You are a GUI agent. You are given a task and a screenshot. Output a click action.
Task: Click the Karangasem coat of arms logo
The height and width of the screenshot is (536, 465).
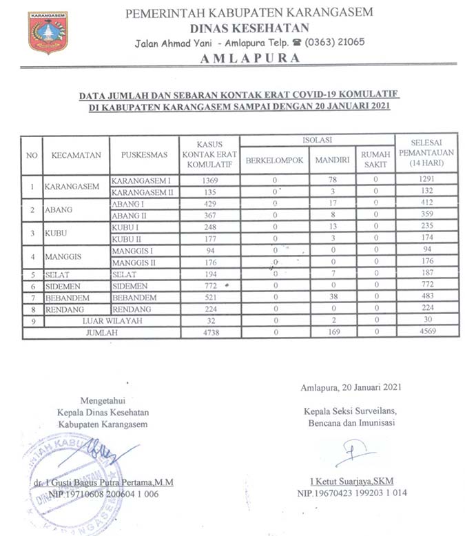tap(48, 32)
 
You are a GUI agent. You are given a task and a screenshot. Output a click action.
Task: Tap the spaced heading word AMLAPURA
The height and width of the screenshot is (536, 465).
tap(249, 59)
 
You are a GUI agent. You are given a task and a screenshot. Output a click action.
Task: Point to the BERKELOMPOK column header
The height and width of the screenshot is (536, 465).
tap(274, 161)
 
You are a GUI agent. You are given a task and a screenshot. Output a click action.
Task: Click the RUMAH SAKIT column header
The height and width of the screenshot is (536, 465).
tap(375, 160)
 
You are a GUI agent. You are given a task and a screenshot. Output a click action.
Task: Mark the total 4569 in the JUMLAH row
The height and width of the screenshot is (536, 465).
tap(426, 333)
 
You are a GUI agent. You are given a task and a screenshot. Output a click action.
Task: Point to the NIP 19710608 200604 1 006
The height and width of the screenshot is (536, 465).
tap(103, 494)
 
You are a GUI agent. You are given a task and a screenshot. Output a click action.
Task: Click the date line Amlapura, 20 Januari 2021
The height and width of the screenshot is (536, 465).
tap(351, 388)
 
